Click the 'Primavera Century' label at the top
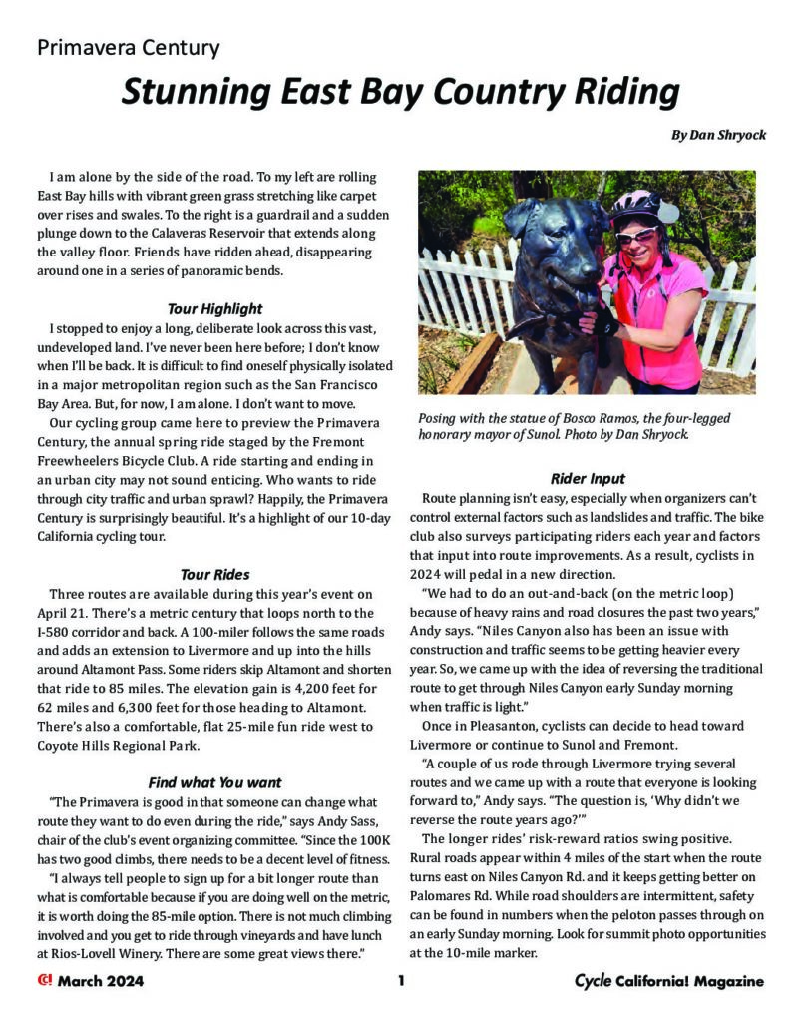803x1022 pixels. [129, 47]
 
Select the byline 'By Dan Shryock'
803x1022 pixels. [718, 134]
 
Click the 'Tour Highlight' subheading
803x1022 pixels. [214, 308]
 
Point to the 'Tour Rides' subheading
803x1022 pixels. [214, 574]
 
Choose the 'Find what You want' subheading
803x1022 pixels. [214, 782]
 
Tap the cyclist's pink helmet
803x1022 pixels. [635, 205]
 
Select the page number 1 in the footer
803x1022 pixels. [400, 981]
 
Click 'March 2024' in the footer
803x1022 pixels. [100, 981]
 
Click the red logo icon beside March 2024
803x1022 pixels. [44, 980]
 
